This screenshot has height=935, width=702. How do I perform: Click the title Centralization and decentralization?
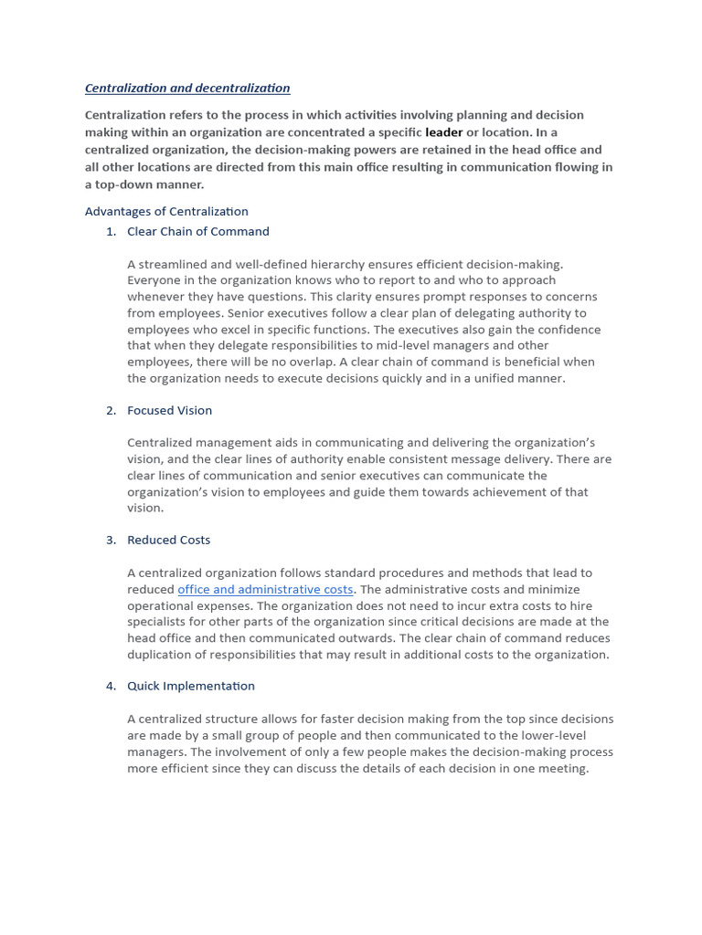(x=187, y=89)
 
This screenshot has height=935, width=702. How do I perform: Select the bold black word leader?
(x=444, y=132)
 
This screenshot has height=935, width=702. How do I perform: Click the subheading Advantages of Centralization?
(x=166, y=212)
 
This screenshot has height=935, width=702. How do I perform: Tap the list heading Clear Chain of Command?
(x=198, y=232)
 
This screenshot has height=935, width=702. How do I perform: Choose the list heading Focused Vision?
(x=169, y=411)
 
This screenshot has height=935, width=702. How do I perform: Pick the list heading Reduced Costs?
(x=168, y=541)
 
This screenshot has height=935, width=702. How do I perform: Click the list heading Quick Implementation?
(x=191, y=687)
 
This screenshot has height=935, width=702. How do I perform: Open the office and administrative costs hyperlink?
(x=265, y=590)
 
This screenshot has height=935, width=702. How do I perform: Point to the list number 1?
(x=111, y=232)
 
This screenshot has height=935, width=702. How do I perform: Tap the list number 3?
(x=111, y=541)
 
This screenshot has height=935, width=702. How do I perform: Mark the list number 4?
(x=111, y=687)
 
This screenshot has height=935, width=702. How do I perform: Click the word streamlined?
(x=173, y=265)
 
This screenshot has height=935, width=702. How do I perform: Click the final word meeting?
(x=564, y=769)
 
